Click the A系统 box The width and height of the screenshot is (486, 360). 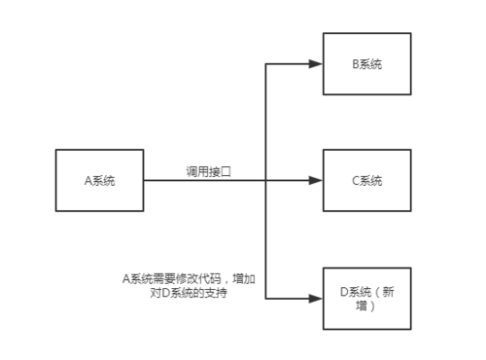99,180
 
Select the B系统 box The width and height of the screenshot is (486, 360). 366,64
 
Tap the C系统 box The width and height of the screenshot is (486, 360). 366,180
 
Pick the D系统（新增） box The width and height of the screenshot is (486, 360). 366,298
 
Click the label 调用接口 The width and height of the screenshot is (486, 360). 209,171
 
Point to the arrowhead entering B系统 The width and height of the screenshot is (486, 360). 315,64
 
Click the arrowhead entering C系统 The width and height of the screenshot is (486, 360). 315,180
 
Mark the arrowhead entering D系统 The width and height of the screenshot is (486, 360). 315,298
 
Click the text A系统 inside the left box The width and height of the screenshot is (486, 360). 99,180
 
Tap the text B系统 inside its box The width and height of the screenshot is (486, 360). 366,64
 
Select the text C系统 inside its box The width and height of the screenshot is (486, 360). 366,180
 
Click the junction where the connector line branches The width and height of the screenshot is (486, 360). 265,180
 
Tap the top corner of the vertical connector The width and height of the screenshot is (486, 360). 265,64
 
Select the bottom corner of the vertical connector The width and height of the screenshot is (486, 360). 265,298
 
